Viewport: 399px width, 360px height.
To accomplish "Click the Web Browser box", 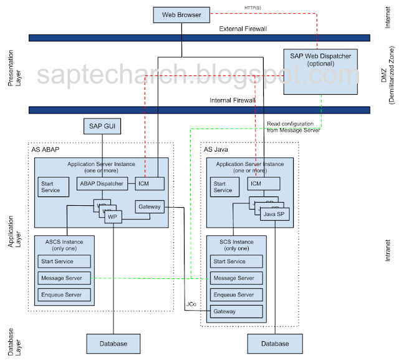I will tap(181, 14).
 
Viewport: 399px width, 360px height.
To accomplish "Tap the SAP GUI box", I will tap(102, 127).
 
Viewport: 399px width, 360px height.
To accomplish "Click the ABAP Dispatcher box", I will tap(102, 183).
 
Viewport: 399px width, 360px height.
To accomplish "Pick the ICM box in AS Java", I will tap(263, 183).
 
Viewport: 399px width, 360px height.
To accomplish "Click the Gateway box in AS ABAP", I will tap(150, 207).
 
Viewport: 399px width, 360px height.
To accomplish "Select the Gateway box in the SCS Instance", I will tap(236, 311).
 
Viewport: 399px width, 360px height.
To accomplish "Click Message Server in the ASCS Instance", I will tap(64, 278).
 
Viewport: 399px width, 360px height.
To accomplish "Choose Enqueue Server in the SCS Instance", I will tap(236, 294).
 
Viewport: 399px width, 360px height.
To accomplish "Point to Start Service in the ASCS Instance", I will tap(64, 261).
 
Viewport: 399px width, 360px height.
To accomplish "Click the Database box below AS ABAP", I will tap(113, 344).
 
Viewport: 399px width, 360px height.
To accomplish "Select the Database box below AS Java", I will tap(275, 344).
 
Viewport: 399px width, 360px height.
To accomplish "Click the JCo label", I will tap(191, 304).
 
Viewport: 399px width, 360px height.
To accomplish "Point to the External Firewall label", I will tap(243, 29).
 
